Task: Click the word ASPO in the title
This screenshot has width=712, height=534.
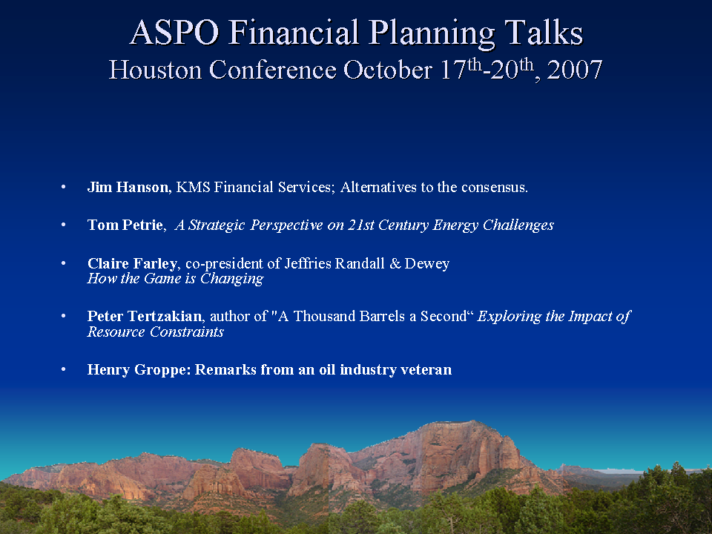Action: pos(174,32)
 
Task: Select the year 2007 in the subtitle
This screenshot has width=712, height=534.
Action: pos(574,70)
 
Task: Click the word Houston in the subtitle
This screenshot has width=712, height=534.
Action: pos(155,70)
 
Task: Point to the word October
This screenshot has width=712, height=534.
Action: pos(387,70)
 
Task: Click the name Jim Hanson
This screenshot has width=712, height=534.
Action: pos(128,187)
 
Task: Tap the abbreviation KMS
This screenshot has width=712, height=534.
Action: pos(193,187)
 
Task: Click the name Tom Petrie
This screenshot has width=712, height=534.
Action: pos(125,225)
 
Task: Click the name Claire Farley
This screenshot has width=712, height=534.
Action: pos(132,263)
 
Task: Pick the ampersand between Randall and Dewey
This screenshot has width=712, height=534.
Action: pos(395,263)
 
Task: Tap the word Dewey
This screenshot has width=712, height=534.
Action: pos(427,264)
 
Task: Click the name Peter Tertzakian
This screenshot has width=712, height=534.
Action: pos(145,316)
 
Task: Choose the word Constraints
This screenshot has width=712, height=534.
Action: pos(187,332)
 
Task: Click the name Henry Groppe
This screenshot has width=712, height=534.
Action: pos(136,369)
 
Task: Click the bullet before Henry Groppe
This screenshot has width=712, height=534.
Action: pos(64,369)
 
